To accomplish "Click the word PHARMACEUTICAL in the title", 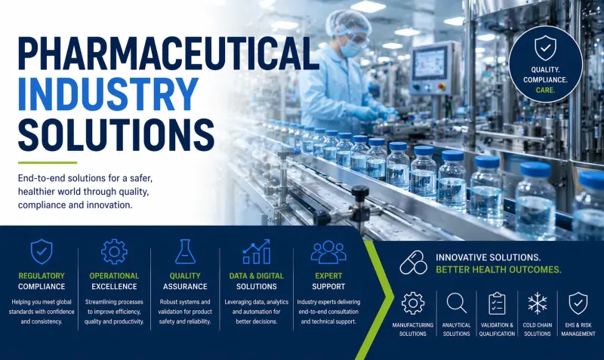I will [x=168, y=54].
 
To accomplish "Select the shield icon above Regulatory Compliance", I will [x=41, y=251].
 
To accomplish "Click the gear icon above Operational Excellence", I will [x=114, y=251].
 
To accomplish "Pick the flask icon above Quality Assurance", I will [x=185, y=251].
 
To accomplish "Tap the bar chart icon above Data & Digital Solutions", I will [x=256, y=251].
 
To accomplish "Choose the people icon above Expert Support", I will [x=328, y=251].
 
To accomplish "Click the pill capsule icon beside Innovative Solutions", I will [x=412, y=263].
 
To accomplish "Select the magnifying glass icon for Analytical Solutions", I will [x=457, y=303].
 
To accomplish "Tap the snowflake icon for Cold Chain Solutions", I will [x=538, y=303].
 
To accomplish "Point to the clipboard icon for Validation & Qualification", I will [x=497, y=303].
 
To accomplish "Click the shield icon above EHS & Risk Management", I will [x=578, y=303].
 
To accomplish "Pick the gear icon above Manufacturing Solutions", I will [x=413, y=303].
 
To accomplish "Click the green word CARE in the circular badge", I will [x=544, y=90].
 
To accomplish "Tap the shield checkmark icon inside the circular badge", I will [x=545, y=49].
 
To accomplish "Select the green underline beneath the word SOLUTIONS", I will [x=48, y=162].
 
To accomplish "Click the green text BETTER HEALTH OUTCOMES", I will [x=498, y=270].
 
